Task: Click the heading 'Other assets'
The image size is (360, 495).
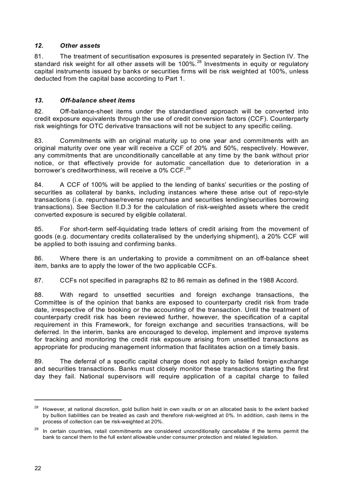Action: pos(80,45)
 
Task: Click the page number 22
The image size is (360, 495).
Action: pos(38,468)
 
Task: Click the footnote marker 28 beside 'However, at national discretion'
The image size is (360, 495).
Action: pos(37,408)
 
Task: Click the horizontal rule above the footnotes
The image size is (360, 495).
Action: pos(78,399)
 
